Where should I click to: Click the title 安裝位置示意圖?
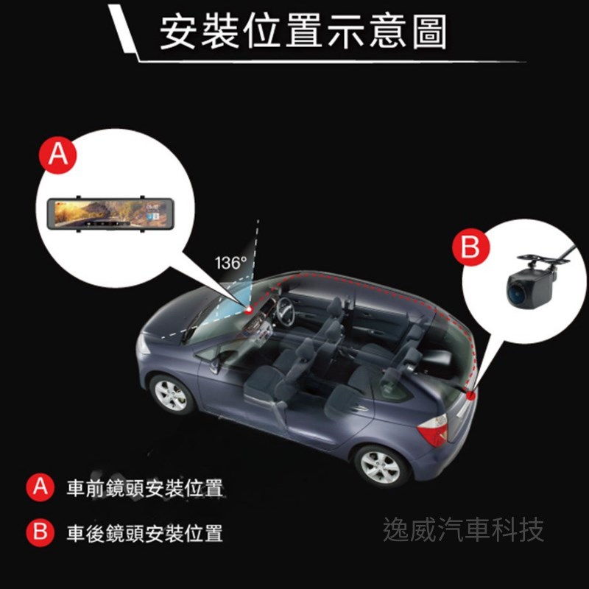point(303,32)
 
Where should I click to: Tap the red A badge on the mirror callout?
point(58,155)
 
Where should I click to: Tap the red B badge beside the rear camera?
point(470,247)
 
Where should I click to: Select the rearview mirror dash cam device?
point(110,214)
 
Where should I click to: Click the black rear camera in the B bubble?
point(533,283)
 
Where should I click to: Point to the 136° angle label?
point(230,263)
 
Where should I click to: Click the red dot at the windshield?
point(248,310)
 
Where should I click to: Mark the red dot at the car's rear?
point(470,395)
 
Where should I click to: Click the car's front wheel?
point(171,395)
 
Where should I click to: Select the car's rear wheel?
point(381,466)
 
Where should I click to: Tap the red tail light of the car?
point(434,431)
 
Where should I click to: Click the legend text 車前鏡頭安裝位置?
point(144,488)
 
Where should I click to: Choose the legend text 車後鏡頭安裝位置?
point(144,533)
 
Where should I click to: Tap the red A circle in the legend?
point(40,487)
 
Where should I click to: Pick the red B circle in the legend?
point(40,532)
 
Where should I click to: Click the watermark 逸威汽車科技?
point(463,529)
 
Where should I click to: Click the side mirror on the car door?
point(215,364)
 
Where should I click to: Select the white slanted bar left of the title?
point(123,29)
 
